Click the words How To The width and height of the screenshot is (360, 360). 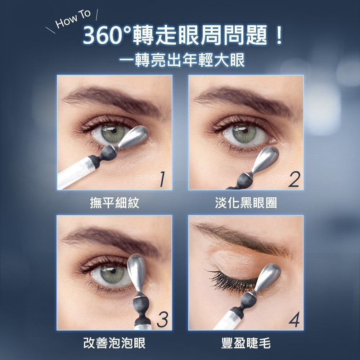pos(73,21)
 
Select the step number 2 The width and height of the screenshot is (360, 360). pos(293,179)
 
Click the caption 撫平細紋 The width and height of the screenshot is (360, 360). pos(114,203)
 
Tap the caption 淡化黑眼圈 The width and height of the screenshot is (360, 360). pos(246,203)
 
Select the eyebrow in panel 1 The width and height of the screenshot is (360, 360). pos(112,99)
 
